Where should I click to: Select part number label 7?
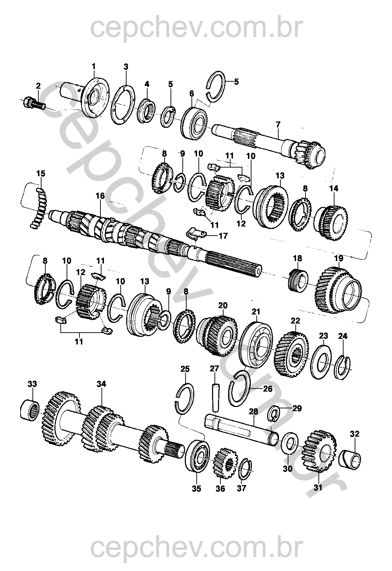[x=278, y=124]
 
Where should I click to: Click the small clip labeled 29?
[x=276, y=414]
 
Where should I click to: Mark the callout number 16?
[x=100, y=196]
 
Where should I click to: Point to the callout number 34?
[x=101, y=384]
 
